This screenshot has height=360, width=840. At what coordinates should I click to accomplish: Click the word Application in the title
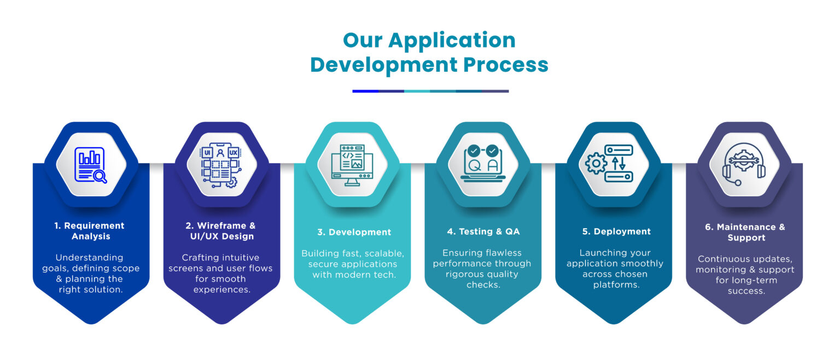click(452, 41)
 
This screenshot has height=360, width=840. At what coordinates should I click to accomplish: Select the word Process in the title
click(506, 65)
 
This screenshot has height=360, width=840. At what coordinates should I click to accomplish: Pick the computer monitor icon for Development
click(352, 165)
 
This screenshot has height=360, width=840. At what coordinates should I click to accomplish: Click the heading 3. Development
click(354, 232)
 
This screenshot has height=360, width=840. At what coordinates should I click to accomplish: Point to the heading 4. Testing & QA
click(483, 231)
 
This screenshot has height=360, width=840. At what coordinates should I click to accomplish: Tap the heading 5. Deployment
click(616, 231)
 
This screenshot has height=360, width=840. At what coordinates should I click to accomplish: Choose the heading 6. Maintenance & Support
click(745, 232)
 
